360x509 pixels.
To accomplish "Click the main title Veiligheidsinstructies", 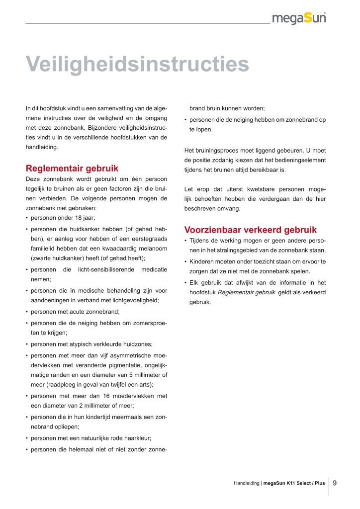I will (x=137, y=64).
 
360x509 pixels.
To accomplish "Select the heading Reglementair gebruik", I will (x=72, y=168).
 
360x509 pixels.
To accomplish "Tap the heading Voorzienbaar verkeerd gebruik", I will (x=250, y=230).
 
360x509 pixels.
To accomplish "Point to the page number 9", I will (x=335, y=482).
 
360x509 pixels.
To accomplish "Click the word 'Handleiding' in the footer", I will (x=246, y=483).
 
